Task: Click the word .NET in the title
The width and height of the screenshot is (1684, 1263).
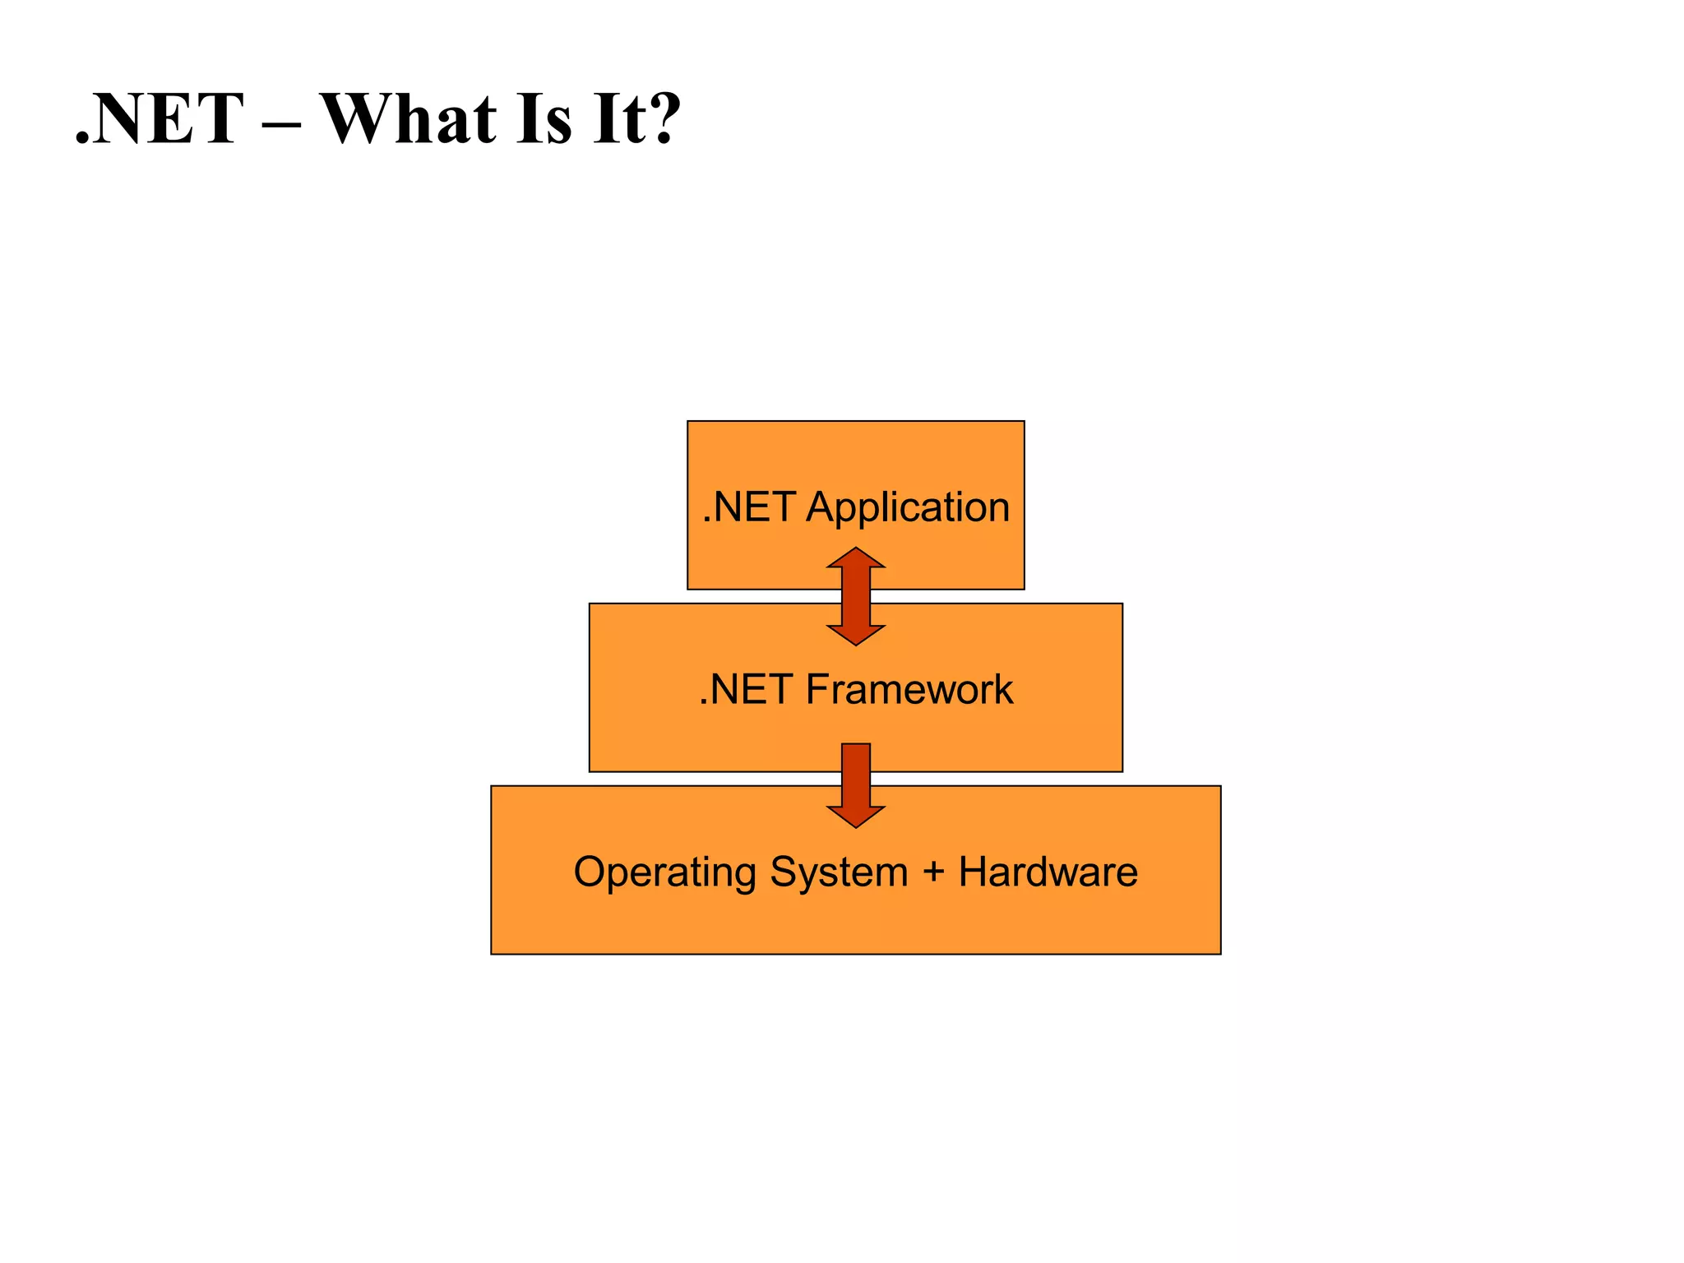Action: coord(160,119)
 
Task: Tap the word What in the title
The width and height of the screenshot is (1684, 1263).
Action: coord(408,119)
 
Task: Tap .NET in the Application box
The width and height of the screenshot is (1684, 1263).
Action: coord(748,507)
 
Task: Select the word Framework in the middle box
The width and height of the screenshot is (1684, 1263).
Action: coord(909,689)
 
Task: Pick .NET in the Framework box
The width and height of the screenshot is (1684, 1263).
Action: coord(745,689)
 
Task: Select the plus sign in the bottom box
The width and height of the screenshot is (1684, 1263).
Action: coord(933,872)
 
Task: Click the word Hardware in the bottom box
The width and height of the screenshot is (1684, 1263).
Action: coord(1048,872)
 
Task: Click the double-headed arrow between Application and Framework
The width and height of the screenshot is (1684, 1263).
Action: coord(856,597)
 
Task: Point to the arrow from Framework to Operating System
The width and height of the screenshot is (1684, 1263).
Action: coord(856,781)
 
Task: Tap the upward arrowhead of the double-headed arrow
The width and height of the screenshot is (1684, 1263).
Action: coord(856,558)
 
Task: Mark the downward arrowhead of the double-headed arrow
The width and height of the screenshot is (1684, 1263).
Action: coord(856,634)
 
